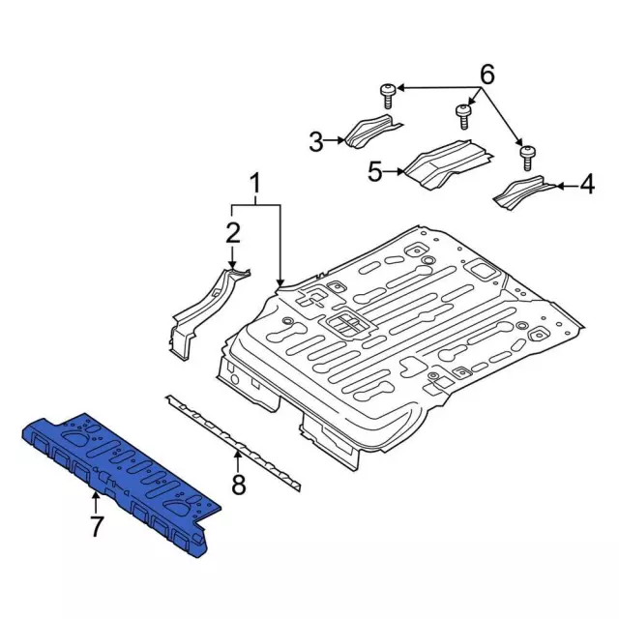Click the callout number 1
pyautogui.click(x=255, y=184)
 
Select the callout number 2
pyautogui.click(x=232, y=232)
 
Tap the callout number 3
pyautogui.click(x=316, y=142)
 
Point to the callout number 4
pyautogui.click(x=587, y=185)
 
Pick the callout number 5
pyautogui.click(x=375, y=172)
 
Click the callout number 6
pyautogui.click(x=486, y=74)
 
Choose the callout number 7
pyautogui.click(x=97, y=526)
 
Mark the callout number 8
pyautogui.click(x=239, y=485)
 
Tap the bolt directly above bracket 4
pyautogui.click(x=527, y=158)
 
